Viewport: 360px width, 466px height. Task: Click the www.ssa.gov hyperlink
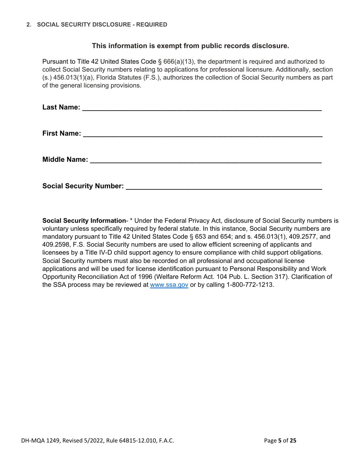(x=169, y=285)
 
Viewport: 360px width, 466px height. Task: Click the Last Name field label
(x=61, y=107)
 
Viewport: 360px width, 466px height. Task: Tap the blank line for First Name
(x=202, y=134)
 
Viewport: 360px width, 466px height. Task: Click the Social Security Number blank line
(x=224, y=187)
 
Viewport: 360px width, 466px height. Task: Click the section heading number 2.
(x=28, y=25)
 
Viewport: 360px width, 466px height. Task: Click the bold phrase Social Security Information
(x=84, y=221)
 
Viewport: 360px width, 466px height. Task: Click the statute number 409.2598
(x=56, y=245)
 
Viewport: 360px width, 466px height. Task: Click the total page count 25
(x=293, y=441)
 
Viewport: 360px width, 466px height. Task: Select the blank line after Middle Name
(x=206, y=161)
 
